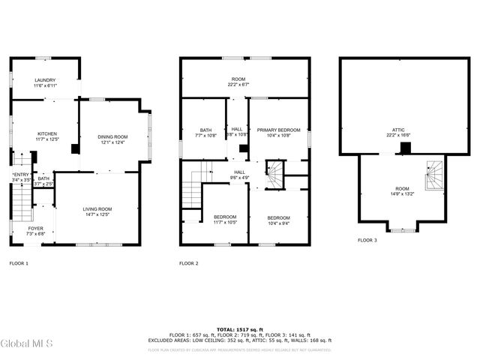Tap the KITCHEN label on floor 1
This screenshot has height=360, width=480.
47,133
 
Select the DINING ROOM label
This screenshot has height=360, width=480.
112,136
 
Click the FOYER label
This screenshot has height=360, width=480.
36,228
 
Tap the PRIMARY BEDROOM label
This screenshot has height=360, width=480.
278,130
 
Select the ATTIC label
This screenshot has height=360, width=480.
398,130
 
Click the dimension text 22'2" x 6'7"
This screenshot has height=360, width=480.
238,85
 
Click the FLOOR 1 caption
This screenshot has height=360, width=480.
19,263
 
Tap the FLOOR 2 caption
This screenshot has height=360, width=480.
189,263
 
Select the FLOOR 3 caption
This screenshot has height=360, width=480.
367,240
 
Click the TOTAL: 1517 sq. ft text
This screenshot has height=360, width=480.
239,329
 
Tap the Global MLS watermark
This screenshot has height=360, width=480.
27,344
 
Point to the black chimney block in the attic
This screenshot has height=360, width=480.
406,148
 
